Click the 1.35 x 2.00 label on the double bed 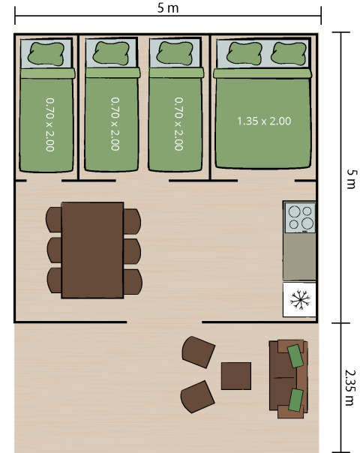(x=263, y=121)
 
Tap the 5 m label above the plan (x=169, y=8)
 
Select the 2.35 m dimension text (x=346, y=385)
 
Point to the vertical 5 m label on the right (x=346, y=178)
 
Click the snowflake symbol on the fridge (x=299, y=300)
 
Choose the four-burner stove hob (x=299, y=217)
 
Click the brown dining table (x=92, y=250)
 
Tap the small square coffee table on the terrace (x=235, y=376)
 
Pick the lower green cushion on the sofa (x=295, y=399)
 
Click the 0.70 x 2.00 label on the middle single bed (x=115, y=123)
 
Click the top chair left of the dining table (x=54, y=220)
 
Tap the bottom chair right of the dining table (x=132, y=280)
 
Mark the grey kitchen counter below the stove (x=299, y=256)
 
